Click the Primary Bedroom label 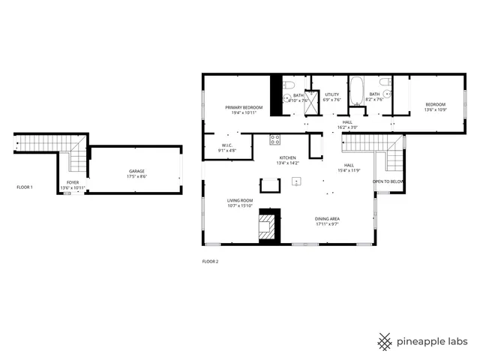pos(244,108)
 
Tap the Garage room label pos(136,172)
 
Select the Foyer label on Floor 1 pos(73,182)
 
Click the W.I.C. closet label pos(227,145)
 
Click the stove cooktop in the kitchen pos(274,138)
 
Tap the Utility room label pos(331,94)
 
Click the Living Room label pos(240,201)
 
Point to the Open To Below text pos(388,181)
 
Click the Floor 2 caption pos(210,262)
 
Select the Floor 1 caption pos(25,187)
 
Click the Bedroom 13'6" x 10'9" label pos(435,104)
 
